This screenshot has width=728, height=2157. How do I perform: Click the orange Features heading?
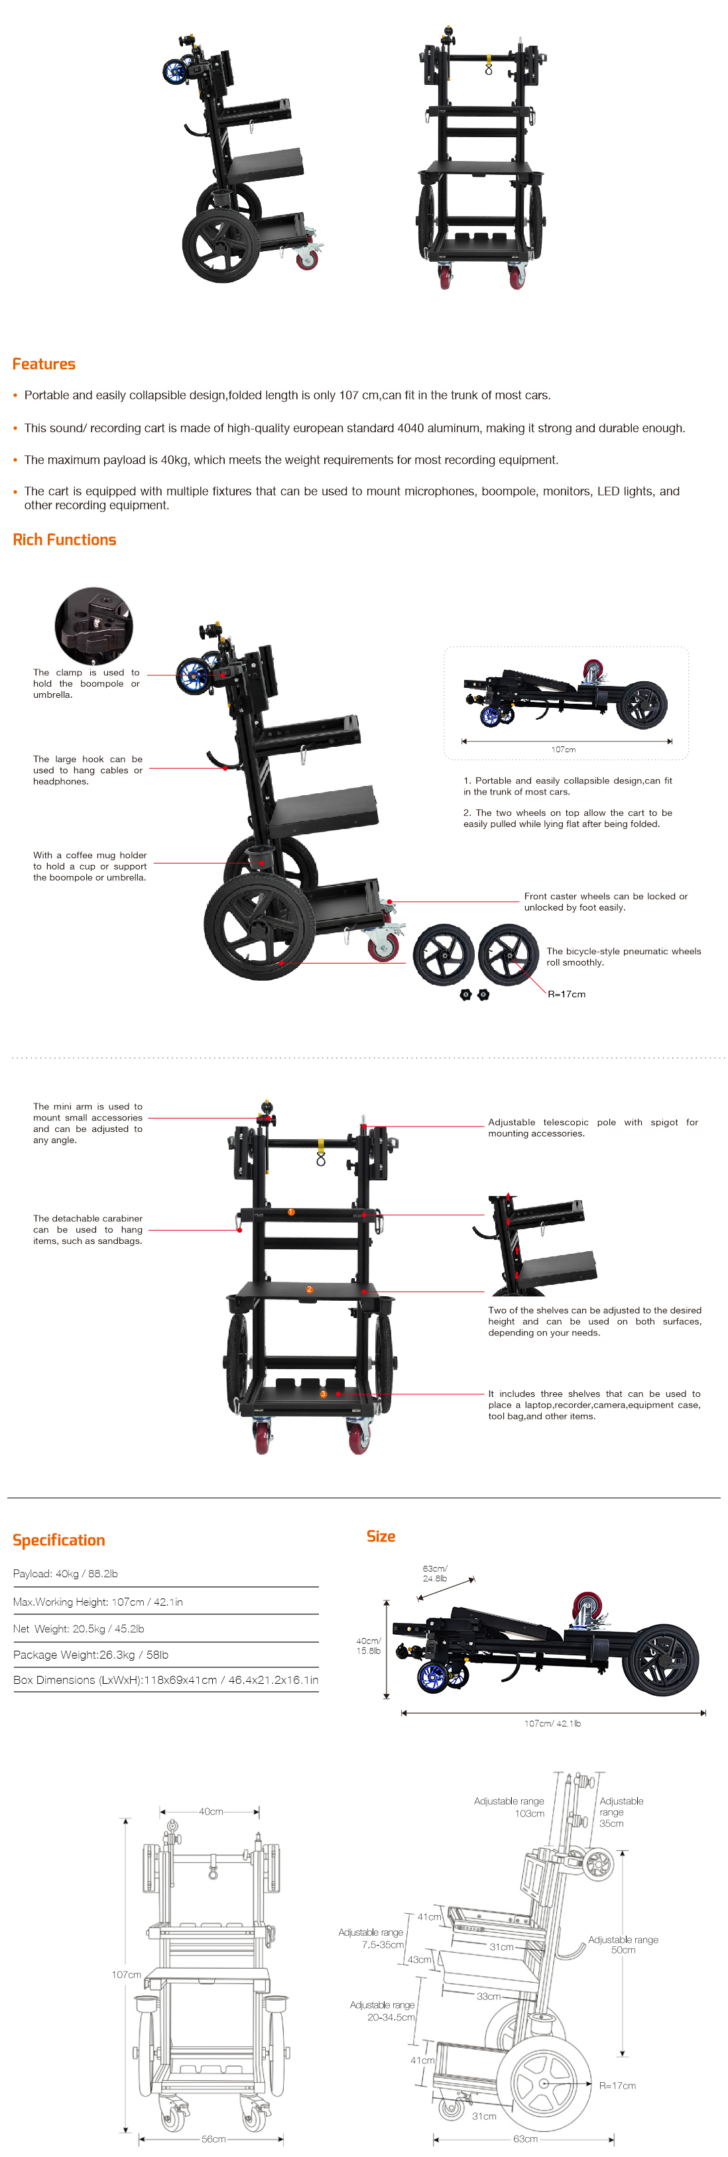tap(44, 364)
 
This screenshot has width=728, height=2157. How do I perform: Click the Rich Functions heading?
tap(64, 540)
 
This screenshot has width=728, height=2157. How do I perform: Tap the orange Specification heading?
tap(58, 1540)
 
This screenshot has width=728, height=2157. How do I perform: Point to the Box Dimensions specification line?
tap(165, 1680)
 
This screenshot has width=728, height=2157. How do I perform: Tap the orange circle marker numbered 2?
tap(309, 1290)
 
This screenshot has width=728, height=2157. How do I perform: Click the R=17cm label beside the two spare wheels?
tap(566, 994)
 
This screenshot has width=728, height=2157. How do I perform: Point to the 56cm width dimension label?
tap(213, 2138)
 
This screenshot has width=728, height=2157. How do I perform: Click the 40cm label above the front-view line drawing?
tap(210, 1811)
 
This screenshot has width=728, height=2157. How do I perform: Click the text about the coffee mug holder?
tap(90, 866)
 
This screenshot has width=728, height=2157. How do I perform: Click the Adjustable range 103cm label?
tap(509, 1807)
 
